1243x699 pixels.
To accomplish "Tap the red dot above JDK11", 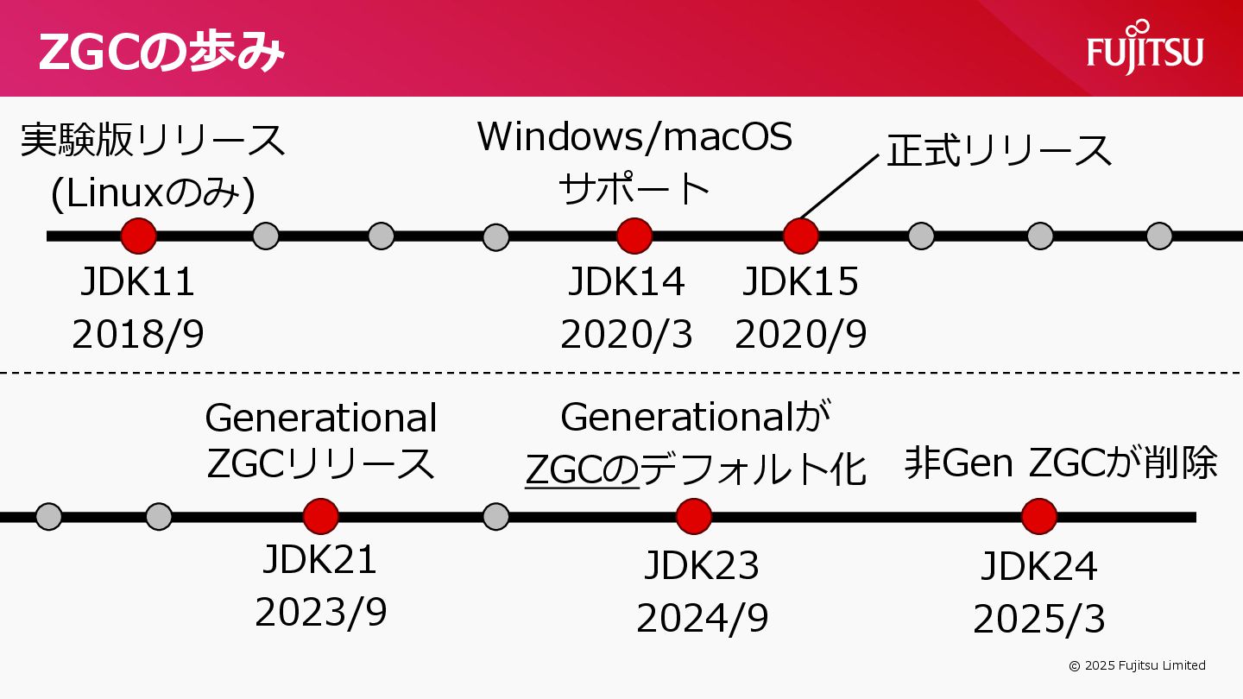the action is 138,236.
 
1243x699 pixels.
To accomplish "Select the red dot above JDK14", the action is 634,236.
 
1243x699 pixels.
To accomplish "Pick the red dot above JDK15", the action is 800,236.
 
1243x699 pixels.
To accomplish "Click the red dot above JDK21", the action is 320,517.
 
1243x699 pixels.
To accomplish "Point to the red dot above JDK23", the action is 694,517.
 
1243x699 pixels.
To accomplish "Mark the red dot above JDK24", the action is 1039,517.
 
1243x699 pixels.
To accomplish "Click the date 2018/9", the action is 138,335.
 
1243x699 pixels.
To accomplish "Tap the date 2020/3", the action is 627,335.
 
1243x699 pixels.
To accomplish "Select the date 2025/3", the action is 1039,620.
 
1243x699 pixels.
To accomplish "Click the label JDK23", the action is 702,566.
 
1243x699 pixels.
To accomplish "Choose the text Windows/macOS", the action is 634,137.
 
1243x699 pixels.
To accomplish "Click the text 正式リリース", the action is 1000,151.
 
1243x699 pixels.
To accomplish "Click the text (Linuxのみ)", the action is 153,195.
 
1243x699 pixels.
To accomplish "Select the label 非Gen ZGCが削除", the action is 1061,463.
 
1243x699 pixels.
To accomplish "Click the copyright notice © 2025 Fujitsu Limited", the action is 1137,665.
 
